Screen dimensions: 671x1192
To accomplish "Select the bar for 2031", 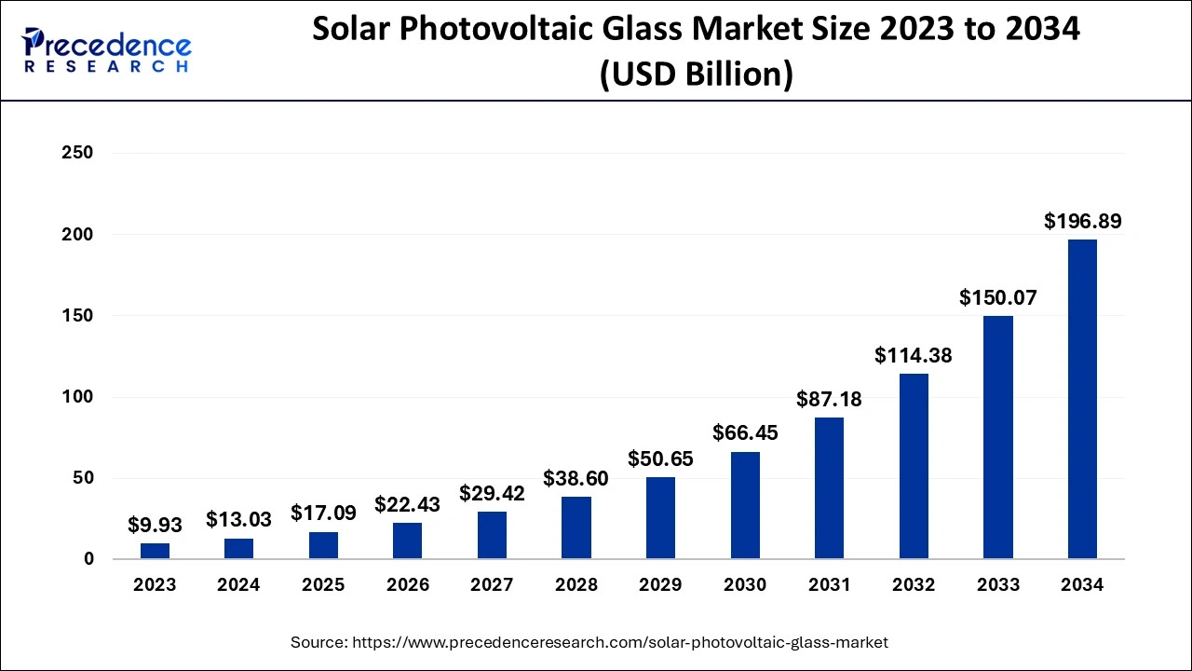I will pyautogui.click(x=829, y=488).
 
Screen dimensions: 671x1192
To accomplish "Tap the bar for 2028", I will pyautogui.click(x=576, y=527).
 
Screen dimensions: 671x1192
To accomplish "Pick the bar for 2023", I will pyautogui.click(x=155, y=551).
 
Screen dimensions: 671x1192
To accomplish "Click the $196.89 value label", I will pyautogui.click(x=1082, y=222).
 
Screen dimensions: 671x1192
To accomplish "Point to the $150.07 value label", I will pyautogui.click(x=998, y=298).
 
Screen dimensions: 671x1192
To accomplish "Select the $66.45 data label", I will pyautogui.click(x=745, y=433).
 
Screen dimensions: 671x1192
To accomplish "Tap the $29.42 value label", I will pyautogui.click(x=492, y=494).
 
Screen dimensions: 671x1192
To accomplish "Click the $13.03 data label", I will pyautogui.click(x=238, y=519).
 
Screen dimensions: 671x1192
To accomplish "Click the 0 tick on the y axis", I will pyautogui.click(x=88, y=559).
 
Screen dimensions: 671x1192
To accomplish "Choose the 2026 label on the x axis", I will pyautogui.click(x=408, y=585).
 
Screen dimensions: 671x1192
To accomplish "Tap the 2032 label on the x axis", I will pyautogui.click(x=914, y=585).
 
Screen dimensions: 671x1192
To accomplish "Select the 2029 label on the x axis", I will pyautogui.click(x=660, y=585).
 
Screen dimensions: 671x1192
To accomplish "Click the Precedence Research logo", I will pyautogui.click(x=107, y=51).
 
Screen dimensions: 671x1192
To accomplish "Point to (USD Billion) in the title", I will pyautogui.click(x=696, y=73).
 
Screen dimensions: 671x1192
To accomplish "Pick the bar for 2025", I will pyautogui.click(x=323, y=545).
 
